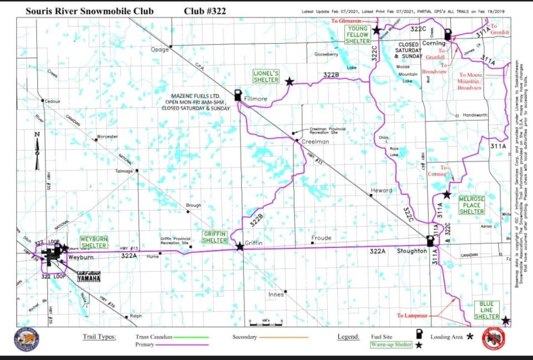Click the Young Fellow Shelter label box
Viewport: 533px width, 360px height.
click(357, 34)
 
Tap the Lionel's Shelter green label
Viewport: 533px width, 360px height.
click(266, 77)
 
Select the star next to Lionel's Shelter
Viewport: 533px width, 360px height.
click(289, 82)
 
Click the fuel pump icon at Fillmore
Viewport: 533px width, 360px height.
click(238, 95)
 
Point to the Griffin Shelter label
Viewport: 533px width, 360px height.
click(215, 237)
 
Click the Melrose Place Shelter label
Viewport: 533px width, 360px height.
click(471, 205)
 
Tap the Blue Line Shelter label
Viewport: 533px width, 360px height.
click(487, 311)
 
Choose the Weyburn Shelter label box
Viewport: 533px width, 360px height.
click(93, 242)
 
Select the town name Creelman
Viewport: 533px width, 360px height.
click(313, 142)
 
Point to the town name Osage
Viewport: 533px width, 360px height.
click(159, 49)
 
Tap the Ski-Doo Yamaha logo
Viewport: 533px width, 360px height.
click(89, 276)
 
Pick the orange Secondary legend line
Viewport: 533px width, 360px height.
click(285, 337)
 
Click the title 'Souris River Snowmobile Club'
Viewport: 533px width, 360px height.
click(89, 11)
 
